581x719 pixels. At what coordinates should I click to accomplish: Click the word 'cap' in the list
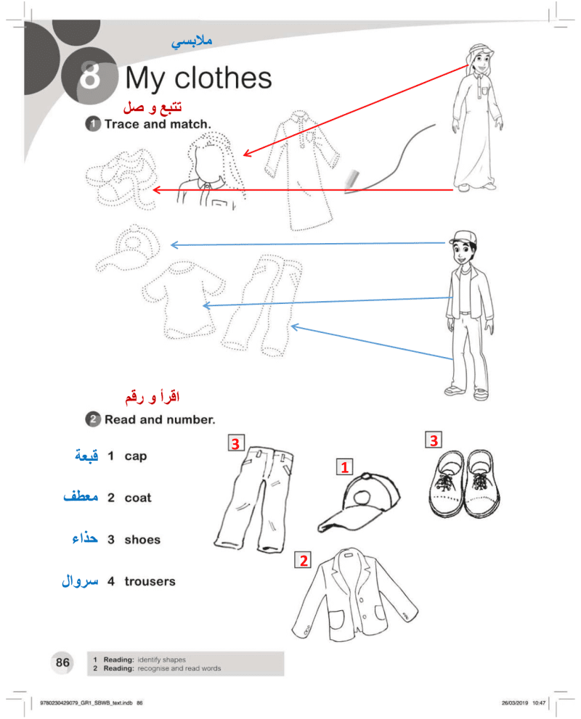[x=135, y=456]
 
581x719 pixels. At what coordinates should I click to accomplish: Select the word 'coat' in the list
[x=138, y=498]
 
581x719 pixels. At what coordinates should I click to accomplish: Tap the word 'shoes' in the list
[x=142, y=540]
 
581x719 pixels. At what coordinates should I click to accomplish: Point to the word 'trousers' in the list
[x=150, y=581]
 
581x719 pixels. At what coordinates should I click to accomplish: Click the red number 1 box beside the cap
[x=345, y=467]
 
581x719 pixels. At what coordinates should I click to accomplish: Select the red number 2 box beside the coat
[x=303, y=560]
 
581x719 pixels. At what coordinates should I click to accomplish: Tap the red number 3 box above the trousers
[x=236, y=443]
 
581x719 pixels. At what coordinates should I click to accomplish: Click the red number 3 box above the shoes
[x=434, y=440]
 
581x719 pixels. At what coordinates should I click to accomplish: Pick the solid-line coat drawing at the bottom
[x=354, y=596]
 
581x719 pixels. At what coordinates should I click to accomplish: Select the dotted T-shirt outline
[x=183, y=300]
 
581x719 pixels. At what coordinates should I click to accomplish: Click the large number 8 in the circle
[x=90, y=75]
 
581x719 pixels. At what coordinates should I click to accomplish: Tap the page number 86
[x=62, y=662]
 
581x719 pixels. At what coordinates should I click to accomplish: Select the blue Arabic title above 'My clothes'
[x=192, y=42]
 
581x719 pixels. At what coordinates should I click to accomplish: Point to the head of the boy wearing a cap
[x=463, y=247]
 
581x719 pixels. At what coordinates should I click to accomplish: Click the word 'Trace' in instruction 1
[x=122, y=124]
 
